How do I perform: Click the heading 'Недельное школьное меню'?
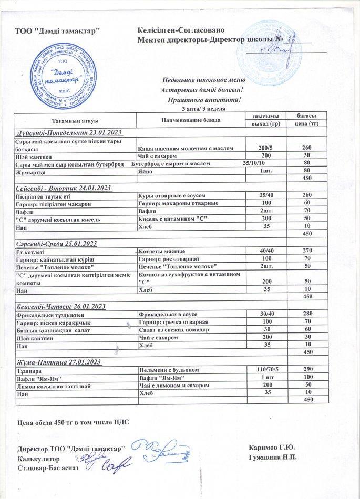(202, 80)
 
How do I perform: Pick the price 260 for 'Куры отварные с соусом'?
(308, 196)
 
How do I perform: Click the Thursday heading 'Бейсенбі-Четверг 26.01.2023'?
(61, 306)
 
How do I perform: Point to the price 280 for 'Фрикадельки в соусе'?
(308, 314)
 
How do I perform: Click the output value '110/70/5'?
(266, 370)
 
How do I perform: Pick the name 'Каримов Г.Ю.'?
(272, 448)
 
